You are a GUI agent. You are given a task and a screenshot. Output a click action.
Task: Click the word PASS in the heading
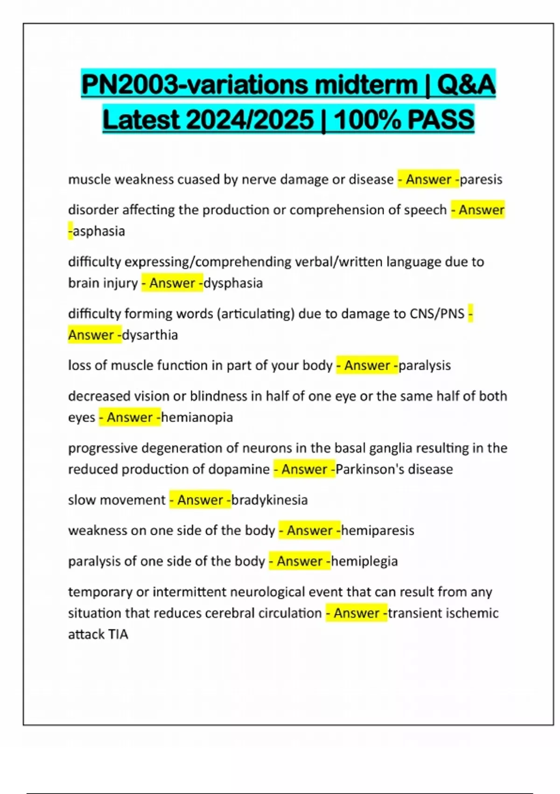[441, 120]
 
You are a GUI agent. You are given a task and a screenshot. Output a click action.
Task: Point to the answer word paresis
[481, 180]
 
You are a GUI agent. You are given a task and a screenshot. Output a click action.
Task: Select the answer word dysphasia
[233, 283]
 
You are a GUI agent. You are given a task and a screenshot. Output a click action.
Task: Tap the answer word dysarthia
[150, 335]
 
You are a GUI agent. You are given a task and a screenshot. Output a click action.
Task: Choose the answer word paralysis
[425, 365]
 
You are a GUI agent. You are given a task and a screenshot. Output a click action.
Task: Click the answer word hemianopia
[197, 417]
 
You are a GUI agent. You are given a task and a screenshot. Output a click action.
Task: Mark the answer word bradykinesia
[270, 500]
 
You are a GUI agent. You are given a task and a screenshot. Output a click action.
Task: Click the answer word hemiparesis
[378, 531]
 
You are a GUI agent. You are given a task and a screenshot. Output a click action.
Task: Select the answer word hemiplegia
[364, 561]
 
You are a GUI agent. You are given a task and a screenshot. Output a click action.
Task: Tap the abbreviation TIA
[118, 634]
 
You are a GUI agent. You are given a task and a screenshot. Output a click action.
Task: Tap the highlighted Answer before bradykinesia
[200, 500]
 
